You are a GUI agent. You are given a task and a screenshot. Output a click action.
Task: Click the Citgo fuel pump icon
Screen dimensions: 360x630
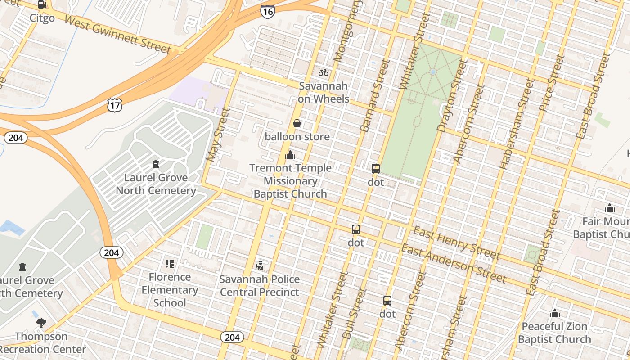click(x=42, y=5)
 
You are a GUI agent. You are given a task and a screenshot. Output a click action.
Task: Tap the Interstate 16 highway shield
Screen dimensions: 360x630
click(x=267, y=11)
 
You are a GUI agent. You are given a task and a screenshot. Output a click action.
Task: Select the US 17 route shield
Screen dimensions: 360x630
click(x=115, y=105)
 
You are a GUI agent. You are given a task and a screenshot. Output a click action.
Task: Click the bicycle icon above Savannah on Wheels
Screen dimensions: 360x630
click(x=324, y=72)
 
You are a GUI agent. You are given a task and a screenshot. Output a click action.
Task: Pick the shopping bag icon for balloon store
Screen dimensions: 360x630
click(x=297, y=123)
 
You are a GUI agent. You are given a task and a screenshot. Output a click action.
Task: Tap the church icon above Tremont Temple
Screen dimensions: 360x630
click(x=290, y=155)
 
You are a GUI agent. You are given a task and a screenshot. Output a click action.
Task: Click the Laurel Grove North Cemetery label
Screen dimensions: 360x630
click(x=156, y=184)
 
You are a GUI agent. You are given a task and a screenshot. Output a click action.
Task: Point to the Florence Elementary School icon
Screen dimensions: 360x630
click(x=170, y=264)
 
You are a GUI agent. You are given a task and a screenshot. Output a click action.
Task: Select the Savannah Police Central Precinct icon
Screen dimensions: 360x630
click(x=259, y=266)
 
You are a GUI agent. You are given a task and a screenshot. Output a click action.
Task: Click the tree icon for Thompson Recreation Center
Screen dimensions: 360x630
click(x=41, y=323)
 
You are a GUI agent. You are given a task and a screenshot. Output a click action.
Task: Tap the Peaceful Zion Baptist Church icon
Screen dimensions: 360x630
click(x=555, y=313)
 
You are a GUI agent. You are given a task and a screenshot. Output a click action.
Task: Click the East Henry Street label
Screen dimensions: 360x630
click(x=456, y=243)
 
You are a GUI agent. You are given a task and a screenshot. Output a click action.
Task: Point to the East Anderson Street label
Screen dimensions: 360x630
click(x=454, y=264)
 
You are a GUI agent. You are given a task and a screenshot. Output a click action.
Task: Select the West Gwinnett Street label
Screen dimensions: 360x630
click(x=117, y=34)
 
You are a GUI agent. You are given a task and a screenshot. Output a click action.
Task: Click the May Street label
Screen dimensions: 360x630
click(x=218, y=135)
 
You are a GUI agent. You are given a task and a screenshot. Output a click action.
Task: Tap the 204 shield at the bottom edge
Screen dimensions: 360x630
click(x=232, y=337)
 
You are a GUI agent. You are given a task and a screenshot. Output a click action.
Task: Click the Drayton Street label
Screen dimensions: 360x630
click(x=450, y=96)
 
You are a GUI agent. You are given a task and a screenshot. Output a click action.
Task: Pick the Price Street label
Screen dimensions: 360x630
click(x=551, y=83)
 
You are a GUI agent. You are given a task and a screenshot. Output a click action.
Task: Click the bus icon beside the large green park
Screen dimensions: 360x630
click(x=376, y=169)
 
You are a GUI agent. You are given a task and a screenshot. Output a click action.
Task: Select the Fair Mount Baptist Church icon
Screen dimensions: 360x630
click(x=610, y=208)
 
